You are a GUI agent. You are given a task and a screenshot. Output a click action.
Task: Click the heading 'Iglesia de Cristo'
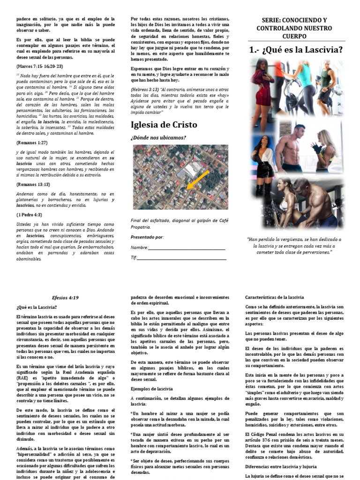click(x=164, y=125)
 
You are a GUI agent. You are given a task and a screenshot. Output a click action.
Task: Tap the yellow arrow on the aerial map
click(x=196, y=181)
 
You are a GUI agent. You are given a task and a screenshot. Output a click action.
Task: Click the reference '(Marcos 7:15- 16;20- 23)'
click(x=40, y=66)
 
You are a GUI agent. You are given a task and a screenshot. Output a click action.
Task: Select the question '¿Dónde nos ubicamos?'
click(x=158, y=137)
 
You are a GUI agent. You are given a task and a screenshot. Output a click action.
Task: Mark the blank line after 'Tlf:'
click(x=183, y=257)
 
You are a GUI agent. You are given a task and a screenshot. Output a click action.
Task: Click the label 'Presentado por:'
click(x=147, y=237)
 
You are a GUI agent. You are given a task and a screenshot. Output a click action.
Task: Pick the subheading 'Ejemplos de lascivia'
click(x=153, y=389)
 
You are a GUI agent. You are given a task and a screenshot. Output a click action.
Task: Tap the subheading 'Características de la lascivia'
click(x=275, y=297)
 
